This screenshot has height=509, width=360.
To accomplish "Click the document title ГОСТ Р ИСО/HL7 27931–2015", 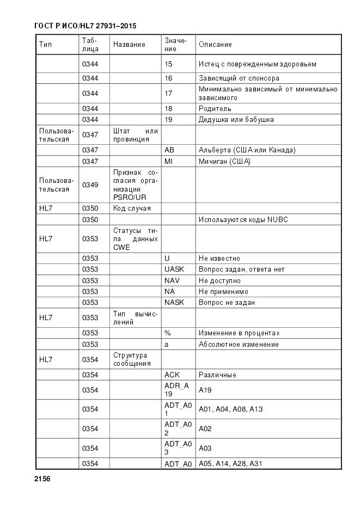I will [x=85, y=26].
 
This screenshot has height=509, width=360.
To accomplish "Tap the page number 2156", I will [x=42, y=479].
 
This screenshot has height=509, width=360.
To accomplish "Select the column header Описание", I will [x=215, y=44].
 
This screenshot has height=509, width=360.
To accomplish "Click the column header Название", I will [x=129, y=44].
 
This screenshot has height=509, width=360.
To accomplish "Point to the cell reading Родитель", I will [x=215, y=109].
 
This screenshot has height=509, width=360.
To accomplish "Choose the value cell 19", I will [x=168, y=120].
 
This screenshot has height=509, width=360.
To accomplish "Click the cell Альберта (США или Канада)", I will [x=247, y=150].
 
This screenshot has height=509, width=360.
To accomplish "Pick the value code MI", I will [x=168, y=162].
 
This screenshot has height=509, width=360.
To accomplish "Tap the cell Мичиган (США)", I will [x=224, y=162].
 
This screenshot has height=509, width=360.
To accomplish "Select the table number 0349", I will [x=90, y=185].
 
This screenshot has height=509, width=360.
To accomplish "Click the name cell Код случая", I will [x=132, y=208].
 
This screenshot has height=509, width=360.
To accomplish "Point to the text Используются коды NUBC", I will [x=243, y=220].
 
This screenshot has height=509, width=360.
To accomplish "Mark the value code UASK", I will [x=174, y=269].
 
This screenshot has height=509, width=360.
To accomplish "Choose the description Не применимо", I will [x=223, y=291].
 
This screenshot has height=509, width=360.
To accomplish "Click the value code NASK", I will [x=174, y=302].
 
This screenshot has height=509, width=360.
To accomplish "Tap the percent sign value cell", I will [x=167, y=333].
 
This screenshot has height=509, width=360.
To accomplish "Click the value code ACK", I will [x=172, y=375].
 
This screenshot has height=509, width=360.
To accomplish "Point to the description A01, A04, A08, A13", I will [x=230, y=409].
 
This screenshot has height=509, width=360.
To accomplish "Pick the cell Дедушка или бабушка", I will [x=236, y=120].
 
